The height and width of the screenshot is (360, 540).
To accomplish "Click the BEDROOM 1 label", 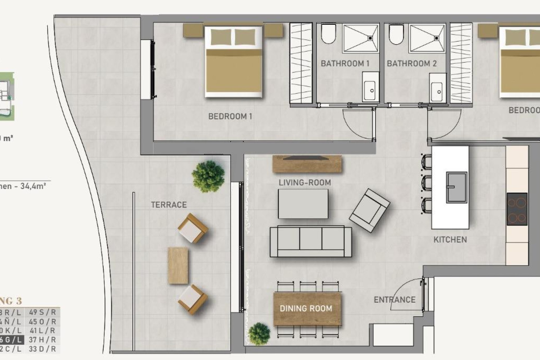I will [230, 116].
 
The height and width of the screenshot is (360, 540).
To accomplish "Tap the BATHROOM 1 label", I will [345, 64].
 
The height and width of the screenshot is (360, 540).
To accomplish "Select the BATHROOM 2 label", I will [412, 64].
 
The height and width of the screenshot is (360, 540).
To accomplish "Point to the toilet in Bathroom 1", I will [328, 34].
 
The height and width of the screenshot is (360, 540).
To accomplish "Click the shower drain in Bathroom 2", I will [436, 38].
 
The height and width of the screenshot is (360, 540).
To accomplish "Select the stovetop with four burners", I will [517, 209].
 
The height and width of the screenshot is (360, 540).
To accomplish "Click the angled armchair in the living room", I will [369, 210].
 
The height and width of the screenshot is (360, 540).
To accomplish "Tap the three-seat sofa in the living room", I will [310, 242].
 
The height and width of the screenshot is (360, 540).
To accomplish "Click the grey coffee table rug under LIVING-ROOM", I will [303, 204].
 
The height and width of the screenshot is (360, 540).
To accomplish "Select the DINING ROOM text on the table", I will [306, 309].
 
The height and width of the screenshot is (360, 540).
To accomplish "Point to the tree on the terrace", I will [208, 176].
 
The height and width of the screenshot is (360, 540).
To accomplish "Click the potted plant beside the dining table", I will [259, 334].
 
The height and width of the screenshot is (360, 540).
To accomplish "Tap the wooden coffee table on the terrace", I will [178, 265].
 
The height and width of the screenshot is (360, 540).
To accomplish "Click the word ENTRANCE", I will [395, 300].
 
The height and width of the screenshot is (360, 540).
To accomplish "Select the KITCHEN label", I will [450, 240].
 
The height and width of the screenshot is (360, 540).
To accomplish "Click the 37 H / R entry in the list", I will [42, 340].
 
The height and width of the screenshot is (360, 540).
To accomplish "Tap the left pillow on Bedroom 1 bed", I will [221, 37].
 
